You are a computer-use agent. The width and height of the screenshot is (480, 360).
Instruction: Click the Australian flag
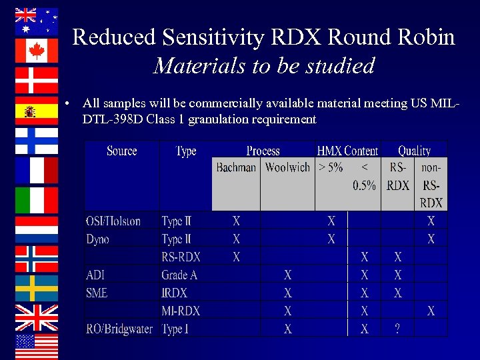(37, 21)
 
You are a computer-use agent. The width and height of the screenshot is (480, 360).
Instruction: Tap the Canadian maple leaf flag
(37, 51)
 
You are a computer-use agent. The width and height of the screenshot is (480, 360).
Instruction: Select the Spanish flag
(37, 111)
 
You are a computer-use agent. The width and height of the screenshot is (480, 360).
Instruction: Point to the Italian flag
(37, 200)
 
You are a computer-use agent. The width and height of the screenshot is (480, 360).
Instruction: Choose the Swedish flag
(37, 288)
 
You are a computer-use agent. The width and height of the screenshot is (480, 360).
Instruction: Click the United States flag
(37, 346)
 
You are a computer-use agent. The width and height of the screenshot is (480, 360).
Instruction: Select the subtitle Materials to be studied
(263, 65)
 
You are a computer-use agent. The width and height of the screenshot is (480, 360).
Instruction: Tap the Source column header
(121, 151)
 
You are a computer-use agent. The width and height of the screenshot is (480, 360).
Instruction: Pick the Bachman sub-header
(236, 167)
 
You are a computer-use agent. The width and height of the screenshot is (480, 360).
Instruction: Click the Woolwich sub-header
(287, 167)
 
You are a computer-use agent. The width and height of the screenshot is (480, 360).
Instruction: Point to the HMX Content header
(347, 151)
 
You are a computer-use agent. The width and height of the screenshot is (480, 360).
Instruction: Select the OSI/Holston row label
(113, 221)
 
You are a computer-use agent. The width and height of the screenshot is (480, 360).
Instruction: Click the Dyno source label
(97, 239)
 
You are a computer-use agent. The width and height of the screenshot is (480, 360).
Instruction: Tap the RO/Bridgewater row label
(119, 329)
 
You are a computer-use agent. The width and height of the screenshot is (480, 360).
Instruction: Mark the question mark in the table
(398, 329)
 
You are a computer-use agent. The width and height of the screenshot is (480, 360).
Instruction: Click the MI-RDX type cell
(181, 311)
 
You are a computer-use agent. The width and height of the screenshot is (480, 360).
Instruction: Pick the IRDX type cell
(174, 293)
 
